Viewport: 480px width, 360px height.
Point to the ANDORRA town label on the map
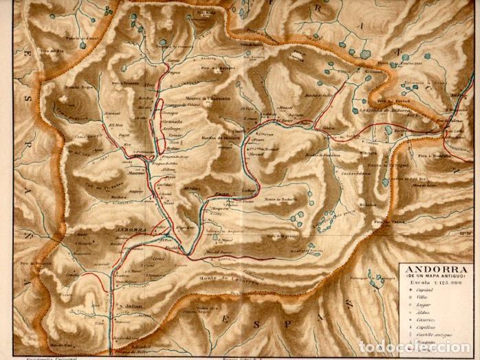(130, 229)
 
